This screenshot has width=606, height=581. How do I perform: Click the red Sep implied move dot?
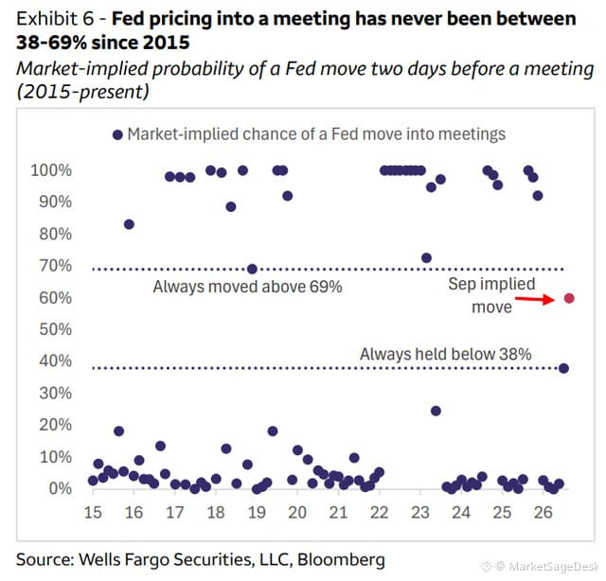(x=569, y=298)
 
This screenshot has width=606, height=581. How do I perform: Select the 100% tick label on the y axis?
(x=51, y=170)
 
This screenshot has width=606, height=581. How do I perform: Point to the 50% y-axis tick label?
(x=55, y=329)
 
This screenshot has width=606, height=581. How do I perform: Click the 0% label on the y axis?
(x=61, y=488)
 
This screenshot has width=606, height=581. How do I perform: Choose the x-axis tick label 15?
(x=93, y=513)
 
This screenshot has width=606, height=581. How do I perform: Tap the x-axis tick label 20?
(x=297, y=513)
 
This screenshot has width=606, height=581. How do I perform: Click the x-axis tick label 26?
(x=543, y=513)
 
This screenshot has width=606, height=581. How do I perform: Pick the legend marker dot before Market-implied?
(x=117, y=134)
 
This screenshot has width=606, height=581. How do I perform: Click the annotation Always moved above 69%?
(x=247, y=287)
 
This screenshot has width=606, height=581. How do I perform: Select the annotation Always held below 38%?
(x=446, y=354)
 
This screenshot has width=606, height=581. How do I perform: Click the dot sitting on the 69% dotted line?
(x=252, y=269)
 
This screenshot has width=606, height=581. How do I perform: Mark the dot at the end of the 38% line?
(x=564, y=368)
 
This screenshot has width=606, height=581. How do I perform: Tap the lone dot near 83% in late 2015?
(x=129, y=224)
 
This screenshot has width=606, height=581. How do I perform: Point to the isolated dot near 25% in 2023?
(x=436, y=411)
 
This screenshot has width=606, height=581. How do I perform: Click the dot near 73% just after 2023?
(x=427, y=258)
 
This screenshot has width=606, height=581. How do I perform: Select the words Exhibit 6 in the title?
(x=55, y=19)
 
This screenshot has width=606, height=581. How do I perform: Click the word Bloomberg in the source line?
(x=341, y=560)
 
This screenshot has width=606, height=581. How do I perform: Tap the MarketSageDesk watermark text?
(x=553, y=566)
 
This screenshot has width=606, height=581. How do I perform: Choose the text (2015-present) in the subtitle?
(x=82, y=92)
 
